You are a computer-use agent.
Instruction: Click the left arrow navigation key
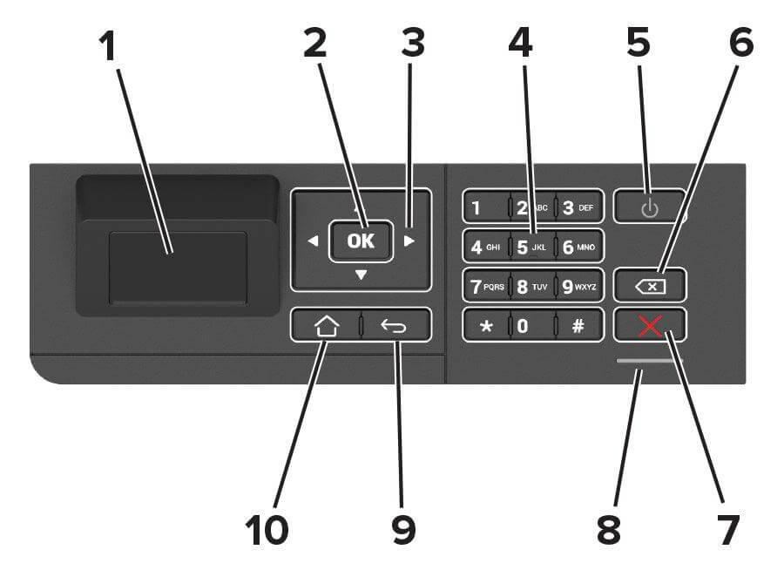coord(313,241)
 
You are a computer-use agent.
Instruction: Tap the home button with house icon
coord(327,326)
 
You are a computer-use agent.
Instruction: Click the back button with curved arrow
coord(396,326)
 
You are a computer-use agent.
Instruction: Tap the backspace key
coord(649,285)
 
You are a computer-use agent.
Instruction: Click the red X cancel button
coord(649,326)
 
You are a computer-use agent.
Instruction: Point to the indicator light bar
coord(649,359)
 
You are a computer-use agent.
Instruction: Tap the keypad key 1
coord(483,207)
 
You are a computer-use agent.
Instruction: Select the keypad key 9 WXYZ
coord(578,285)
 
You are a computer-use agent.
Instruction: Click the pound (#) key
coord(578,325)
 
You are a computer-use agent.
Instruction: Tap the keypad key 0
coord(531,325)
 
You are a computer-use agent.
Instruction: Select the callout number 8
coord(609,528)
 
